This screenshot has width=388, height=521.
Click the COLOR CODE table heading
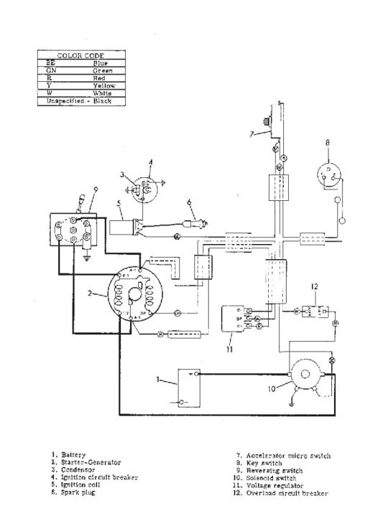pos(80,55)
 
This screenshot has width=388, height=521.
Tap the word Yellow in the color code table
pos(105,86)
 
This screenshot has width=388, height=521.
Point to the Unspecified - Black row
pos(80,101)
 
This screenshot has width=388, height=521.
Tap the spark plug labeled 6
pos(195,224)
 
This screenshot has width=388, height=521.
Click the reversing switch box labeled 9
pos(72,233)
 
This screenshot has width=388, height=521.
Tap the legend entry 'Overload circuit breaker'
pos(287,492)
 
